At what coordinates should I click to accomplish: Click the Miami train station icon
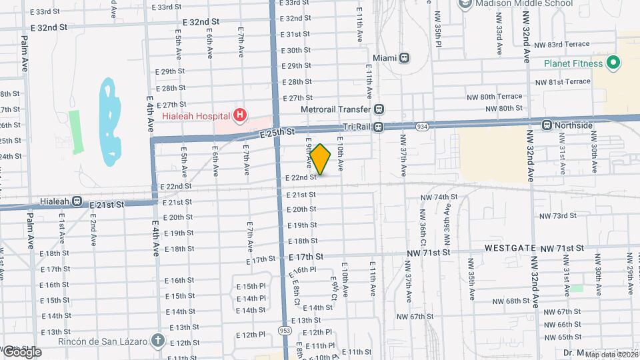[x=405, y=58]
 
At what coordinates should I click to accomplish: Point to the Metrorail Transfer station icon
[x=379, y=109]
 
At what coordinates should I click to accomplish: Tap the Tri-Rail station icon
[x=378, y=126]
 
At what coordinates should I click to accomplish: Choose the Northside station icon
[x=547, y=125]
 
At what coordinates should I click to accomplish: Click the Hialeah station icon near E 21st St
[x=77, y=201]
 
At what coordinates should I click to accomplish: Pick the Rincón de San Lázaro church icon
[x=157, y=340]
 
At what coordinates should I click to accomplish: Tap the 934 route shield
[x=422, y=125]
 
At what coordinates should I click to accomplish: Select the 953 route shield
[x=285, y=330]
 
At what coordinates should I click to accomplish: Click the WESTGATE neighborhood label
[x=510, y=248]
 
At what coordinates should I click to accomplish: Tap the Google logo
[x=21, y=352]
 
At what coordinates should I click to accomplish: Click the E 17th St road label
[x=306, y=257]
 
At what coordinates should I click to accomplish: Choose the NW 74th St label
[x=439, y=197]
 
